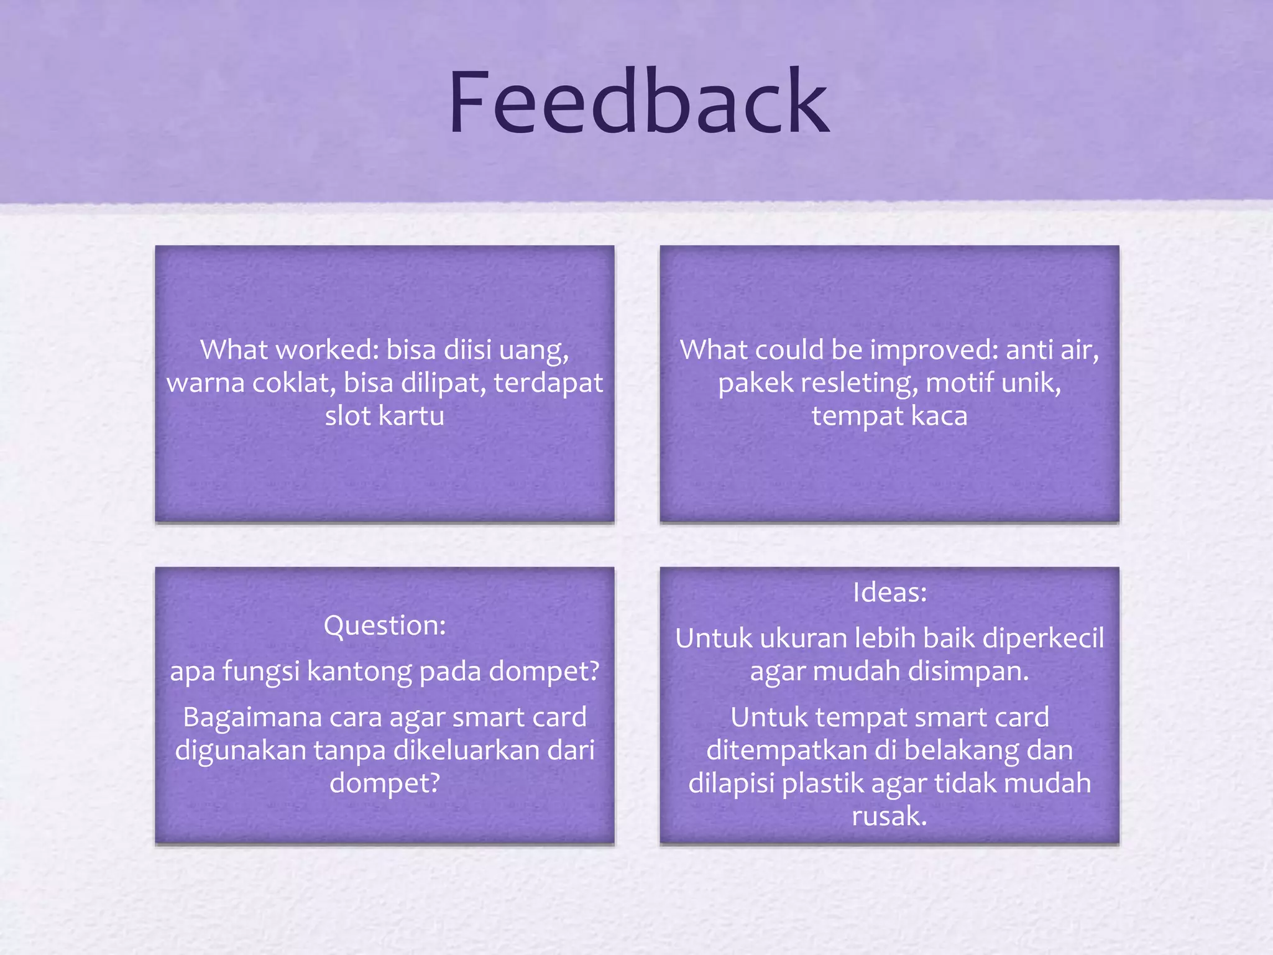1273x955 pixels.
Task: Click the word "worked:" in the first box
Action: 328,349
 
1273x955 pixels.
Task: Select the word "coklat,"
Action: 295,383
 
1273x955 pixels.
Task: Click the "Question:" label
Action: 385,625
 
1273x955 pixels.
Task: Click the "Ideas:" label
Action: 889,593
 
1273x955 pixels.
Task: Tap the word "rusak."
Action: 889,816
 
